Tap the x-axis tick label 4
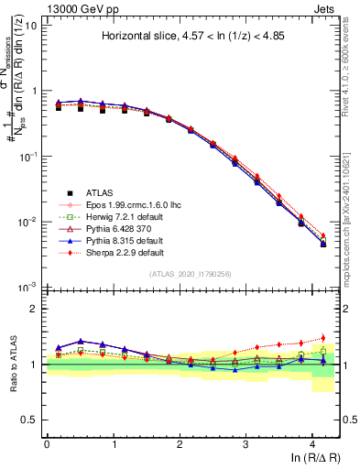tap(313, 443)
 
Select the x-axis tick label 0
tap(47, 443)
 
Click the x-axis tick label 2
tap(180, 443)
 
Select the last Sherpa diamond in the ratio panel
tap(322, 338)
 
